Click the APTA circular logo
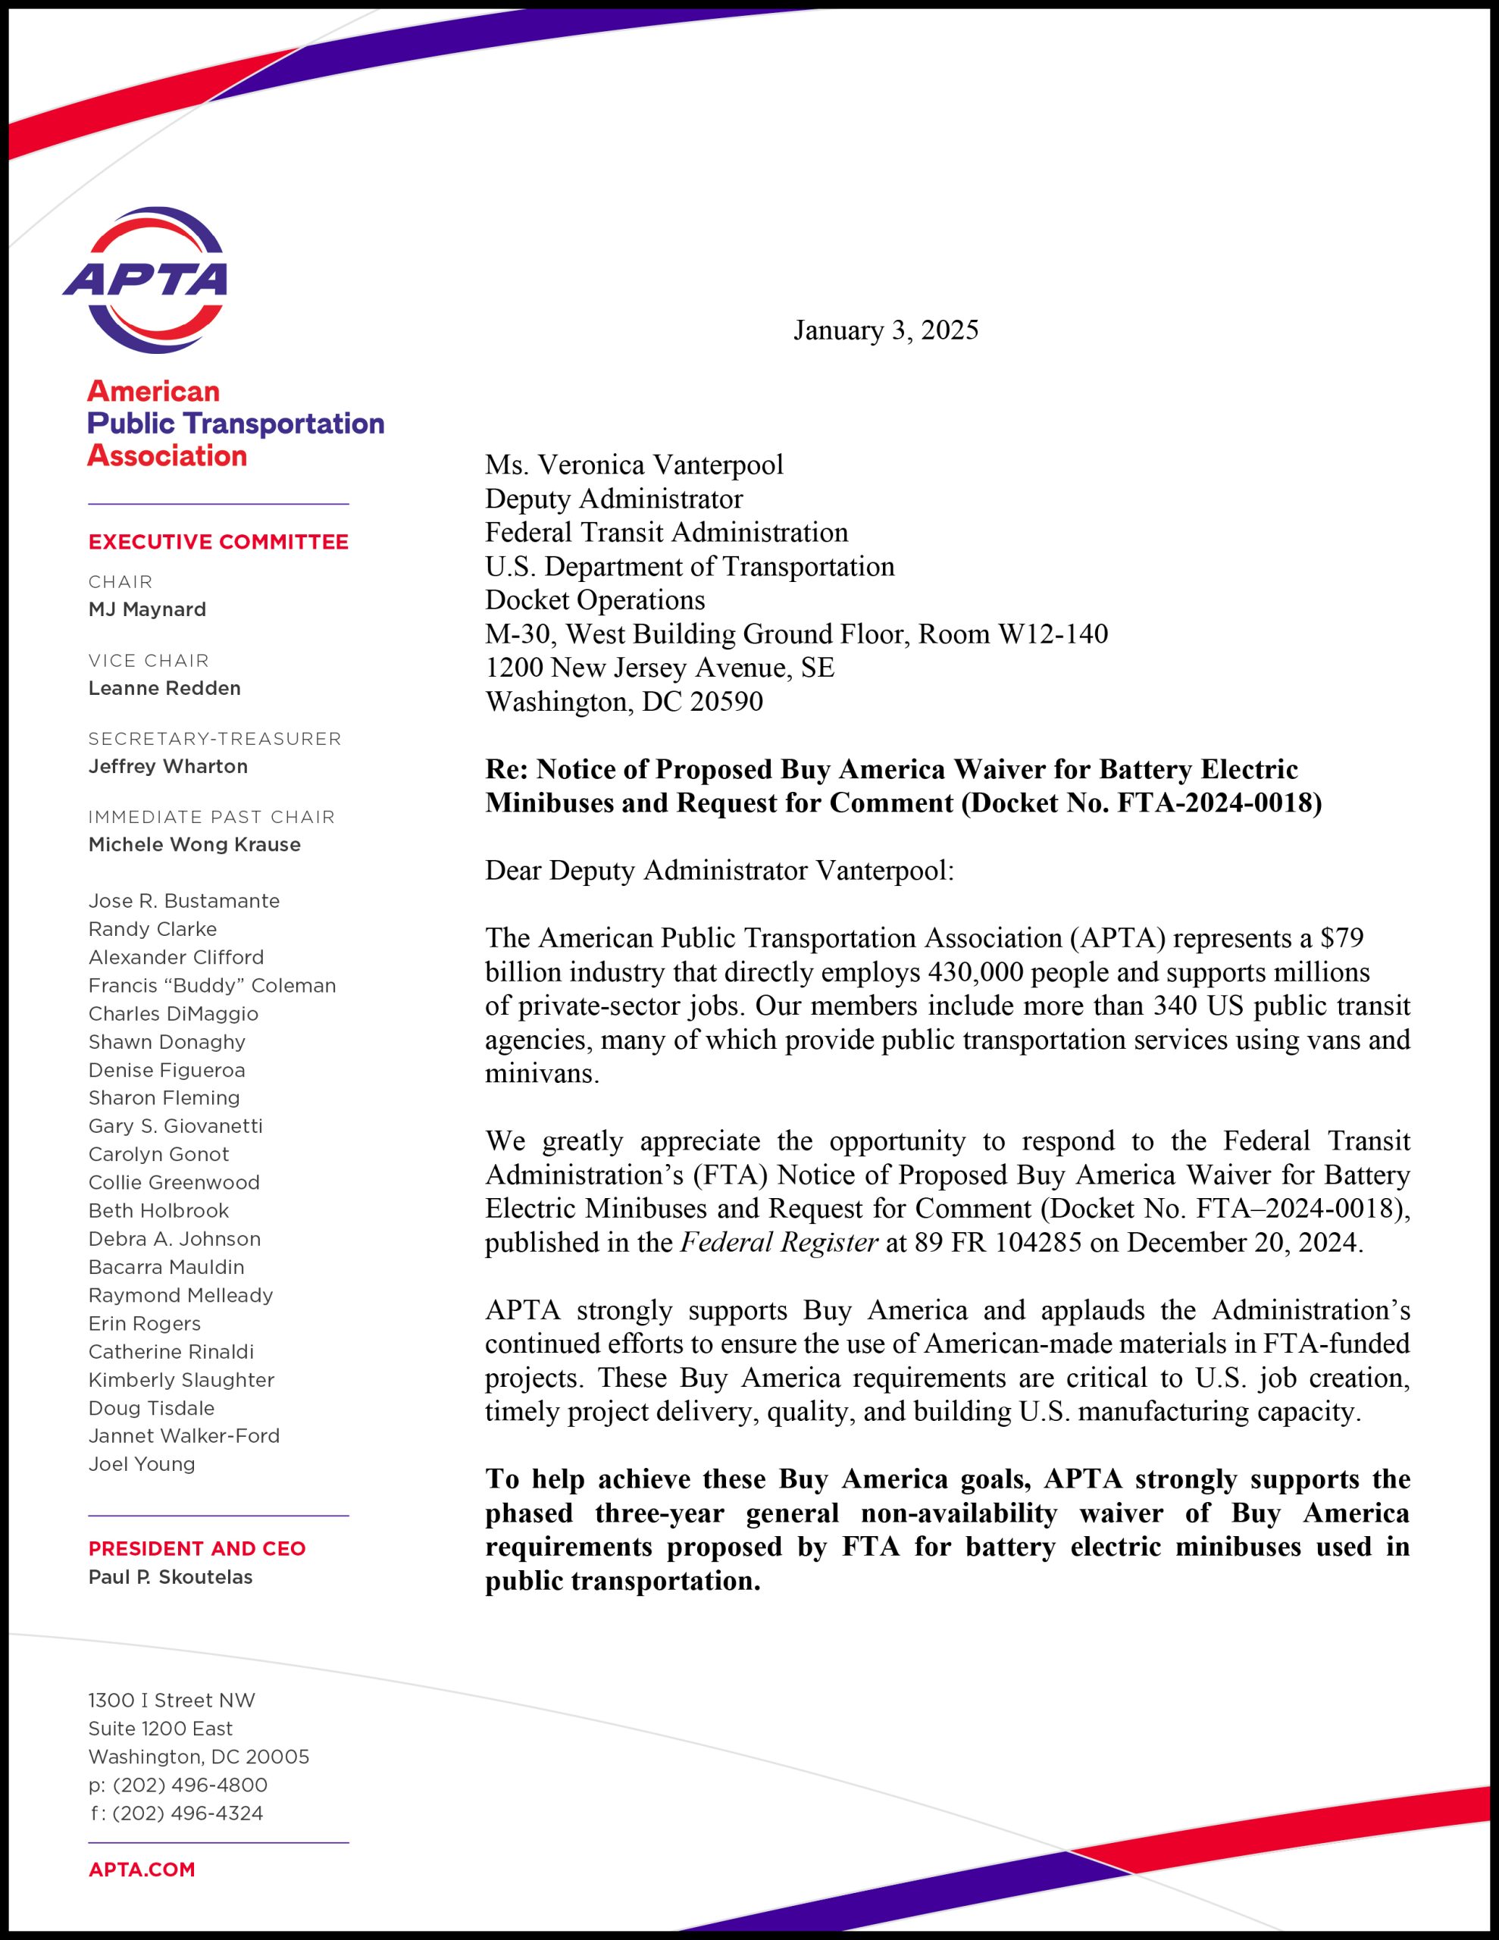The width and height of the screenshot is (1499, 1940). [145, 280]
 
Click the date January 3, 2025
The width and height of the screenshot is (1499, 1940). [885, 330]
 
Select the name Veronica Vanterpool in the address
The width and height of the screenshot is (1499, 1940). [660, 465]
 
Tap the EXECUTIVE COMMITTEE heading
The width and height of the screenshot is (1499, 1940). [217, 542]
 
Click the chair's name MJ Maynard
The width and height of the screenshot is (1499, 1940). [146, 609]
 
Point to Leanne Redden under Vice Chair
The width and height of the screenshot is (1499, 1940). [164, 688]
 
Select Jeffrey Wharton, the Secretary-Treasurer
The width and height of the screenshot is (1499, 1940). [168, 767]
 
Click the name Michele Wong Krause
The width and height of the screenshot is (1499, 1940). [195, 845]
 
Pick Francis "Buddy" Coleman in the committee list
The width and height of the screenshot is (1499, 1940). [211, 985]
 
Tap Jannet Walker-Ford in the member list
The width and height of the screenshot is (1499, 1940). [184, 1435]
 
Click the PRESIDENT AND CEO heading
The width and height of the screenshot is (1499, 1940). [196, 1548]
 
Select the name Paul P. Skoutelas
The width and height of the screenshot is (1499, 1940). [171, 1577]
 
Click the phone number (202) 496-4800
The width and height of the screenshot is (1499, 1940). [189, 1785]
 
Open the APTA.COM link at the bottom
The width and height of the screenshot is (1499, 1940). [141, 1869]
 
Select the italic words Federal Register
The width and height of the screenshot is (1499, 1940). [779, 1242]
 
